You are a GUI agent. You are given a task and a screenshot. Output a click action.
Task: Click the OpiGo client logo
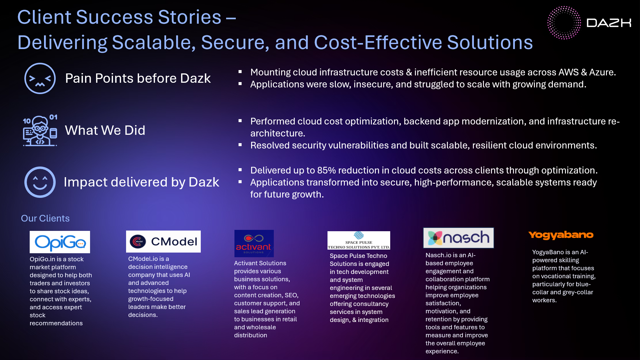pos(60,242)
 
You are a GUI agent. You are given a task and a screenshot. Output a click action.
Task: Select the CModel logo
pos(163,242)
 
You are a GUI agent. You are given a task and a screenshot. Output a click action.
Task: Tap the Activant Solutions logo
pos(254,244)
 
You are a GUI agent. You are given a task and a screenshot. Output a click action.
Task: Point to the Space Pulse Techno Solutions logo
pos(359,240)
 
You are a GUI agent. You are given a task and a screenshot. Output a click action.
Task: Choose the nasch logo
pos(458,238)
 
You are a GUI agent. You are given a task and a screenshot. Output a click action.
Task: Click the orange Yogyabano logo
pos(561,235)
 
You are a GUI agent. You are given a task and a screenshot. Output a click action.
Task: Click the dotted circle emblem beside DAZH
pos(564,23)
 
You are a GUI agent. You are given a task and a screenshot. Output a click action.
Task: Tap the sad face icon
pos(40,78)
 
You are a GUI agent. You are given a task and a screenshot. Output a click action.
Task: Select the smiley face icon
pos(40,182)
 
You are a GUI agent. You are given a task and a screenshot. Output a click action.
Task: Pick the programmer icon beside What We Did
pos(40,130)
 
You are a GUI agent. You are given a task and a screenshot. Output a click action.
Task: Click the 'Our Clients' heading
pos(45,218)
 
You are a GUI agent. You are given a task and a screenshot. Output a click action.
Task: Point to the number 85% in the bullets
pos(327,170)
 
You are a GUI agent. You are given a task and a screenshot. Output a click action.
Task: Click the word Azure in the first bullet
pos(602,72)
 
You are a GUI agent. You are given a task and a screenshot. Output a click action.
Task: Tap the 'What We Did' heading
pos(105,130)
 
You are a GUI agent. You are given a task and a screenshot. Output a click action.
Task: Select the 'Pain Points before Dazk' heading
pos(138,78)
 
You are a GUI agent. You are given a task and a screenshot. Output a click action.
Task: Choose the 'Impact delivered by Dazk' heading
pos(141,182)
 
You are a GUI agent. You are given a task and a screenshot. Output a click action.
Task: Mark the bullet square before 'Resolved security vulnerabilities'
pos(240,145)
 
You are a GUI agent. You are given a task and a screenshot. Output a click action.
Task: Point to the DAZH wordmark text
pos(609,23)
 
